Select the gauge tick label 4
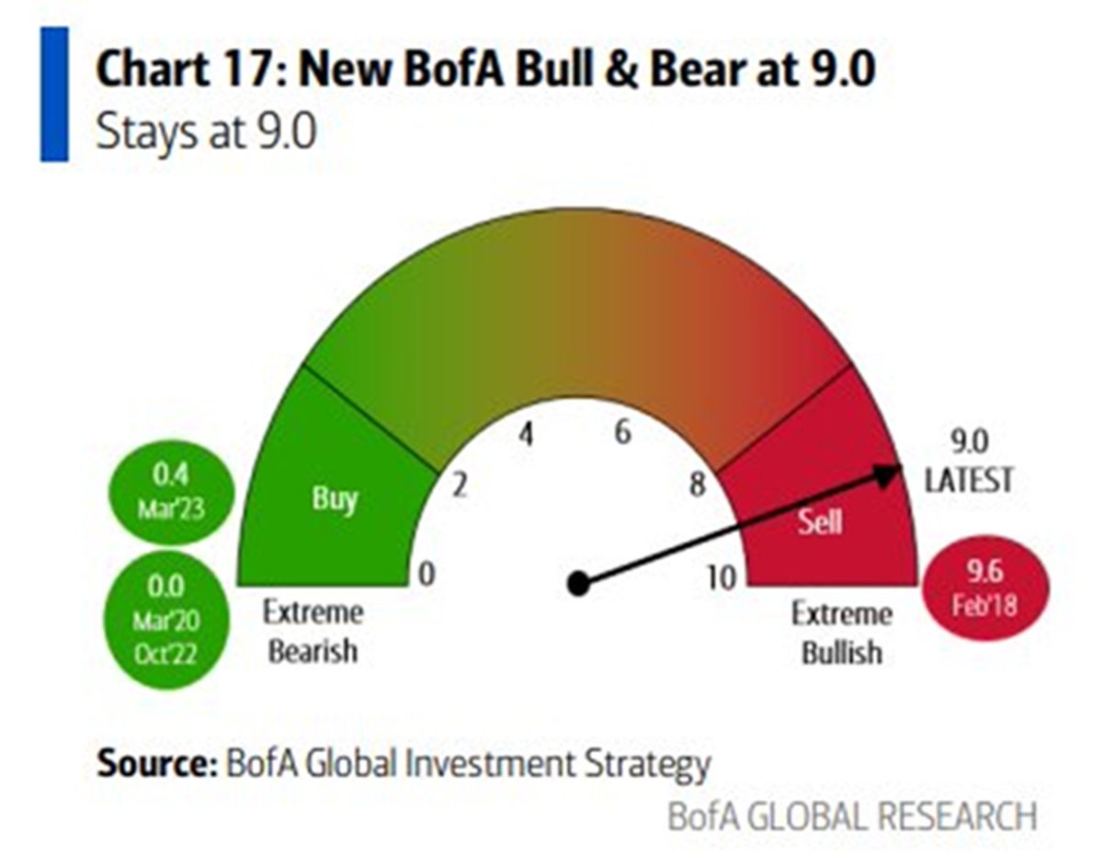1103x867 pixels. [x=525, y=434]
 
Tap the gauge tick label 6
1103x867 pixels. [x=623, y=432]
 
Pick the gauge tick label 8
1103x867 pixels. [x=699, y=485]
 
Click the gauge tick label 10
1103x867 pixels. [x=723, y=577]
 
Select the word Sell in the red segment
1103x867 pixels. [x=818, y=521]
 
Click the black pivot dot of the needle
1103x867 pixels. [x=578, y=583]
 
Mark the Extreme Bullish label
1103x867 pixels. [x=841, y=633]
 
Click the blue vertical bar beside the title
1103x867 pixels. [x=54, y=95]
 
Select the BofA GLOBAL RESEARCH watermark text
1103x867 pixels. [x=851, y=816]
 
